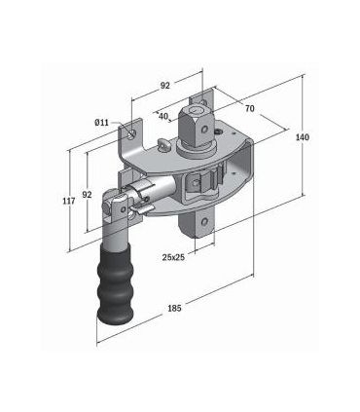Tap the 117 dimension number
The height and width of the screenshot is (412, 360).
(69, 201)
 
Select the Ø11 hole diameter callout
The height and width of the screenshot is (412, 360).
(102, 124)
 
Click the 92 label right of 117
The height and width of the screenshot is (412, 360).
(88, 194)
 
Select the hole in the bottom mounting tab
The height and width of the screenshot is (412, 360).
(205, 225)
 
